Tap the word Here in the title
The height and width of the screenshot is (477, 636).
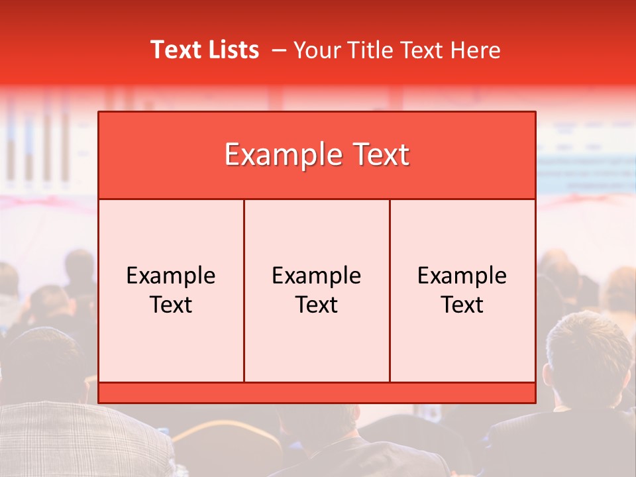[475, 50]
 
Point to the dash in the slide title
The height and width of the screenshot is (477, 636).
[279, 50]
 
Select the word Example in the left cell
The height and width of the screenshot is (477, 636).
[171, 276]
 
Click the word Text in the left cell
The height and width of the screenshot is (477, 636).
[171, 305]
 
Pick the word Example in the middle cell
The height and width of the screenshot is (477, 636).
[317, 276]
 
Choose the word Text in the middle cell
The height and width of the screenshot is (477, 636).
[317, 305]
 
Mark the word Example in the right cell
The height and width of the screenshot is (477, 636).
[462, 276]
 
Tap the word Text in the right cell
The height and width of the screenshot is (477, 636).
[462, 305]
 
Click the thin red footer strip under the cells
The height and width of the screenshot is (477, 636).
[317, 393]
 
